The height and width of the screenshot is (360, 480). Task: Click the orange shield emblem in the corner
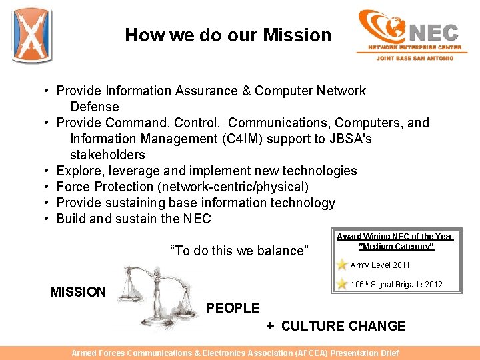32,35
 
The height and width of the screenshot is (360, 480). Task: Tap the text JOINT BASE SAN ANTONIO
415,58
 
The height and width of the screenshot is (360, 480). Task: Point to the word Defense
94,107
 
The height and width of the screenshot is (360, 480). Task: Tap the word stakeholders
107,155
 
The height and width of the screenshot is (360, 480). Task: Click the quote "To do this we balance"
239,251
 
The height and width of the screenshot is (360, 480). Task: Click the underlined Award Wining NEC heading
395,241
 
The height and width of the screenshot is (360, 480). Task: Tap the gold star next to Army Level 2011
342,265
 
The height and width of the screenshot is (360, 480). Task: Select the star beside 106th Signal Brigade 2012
342,285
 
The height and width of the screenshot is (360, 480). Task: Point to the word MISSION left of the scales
77,291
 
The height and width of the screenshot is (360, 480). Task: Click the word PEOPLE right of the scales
233,308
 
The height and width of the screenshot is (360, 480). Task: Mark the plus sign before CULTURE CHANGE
270,326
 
